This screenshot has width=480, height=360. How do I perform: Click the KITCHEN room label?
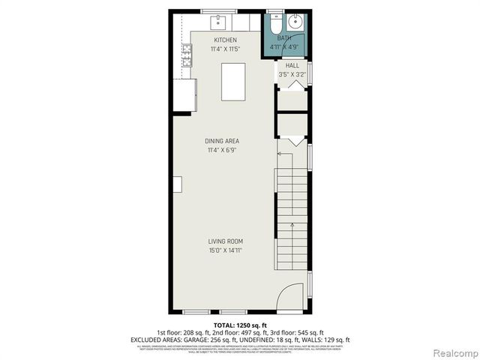pos(225,40)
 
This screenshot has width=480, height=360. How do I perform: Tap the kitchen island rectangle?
pos(233,82)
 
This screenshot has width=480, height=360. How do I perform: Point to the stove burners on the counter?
pos(185,52)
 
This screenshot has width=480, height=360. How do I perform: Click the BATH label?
pos(284,37)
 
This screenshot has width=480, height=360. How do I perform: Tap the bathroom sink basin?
pos(297,20)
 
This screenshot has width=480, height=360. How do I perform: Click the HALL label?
pos(292,66)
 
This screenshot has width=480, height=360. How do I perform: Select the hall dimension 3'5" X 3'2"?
pos(292,74)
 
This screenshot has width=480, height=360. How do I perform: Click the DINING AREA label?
pos(223,141)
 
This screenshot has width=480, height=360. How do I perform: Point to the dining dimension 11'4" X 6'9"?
pos(223,150)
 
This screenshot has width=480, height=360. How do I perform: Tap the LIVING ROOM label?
pos(226,241)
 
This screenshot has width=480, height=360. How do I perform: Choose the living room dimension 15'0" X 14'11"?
pos(226,250)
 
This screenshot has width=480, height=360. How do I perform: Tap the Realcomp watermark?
pos(454,352)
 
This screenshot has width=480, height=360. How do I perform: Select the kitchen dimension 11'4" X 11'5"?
pos(225,49)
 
